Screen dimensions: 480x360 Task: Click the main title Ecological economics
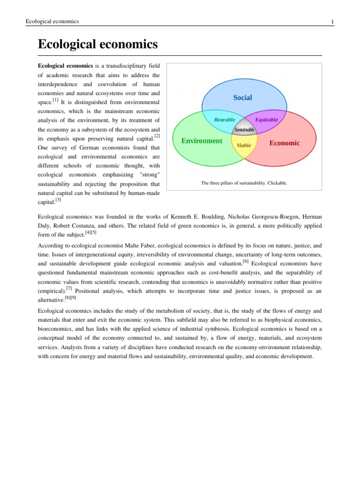tap(97, 45)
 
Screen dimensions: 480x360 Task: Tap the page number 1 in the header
tap(331, 22)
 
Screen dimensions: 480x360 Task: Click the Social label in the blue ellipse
tap(242, 97)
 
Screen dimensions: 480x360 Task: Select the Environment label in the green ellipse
tap(202, 141)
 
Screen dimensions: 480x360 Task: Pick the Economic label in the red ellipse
tap(285, 143)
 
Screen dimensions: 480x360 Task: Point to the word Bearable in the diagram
tap(225, 120)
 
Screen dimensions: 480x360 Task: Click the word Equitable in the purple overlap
tap(266, 120)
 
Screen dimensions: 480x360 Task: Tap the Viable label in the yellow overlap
tap(244, 145)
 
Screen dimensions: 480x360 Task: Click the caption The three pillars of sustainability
tap(244, 183)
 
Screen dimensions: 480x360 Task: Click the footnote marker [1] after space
tap(55, 100)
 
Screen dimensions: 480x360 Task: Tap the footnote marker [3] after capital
tap(58, 200)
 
